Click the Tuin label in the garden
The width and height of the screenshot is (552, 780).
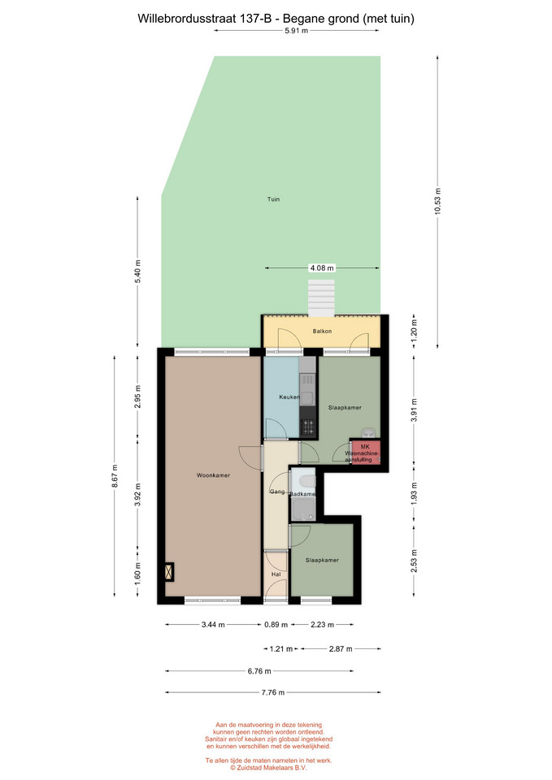coord(273,199)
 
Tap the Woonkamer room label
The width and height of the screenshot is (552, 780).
coord(213,475)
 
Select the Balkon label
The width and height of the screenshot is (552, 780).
coord(322,331)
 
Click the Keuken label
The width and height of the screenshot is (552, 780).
coord(289,397)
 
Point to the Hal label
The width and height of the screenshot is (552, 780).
coord(276,574)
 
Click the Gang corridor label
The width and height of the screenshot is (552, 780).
coord(277,492)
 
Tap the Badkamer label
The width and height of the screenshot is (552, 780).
coord(302,494)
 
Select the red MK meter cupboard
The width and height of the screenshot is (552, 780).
coord(365,453)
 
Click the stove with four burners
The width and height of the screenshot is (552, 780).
coord(307,427)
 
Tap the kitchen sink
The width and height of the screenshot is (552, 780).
coord(307,398)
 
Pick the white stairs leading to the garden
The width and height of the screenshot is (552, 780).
coord(321,297)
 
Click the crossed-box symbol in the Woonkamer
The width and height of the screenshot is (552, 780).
coord(169,571)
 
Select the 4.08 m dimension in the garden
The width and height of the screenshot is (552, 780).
coord(322,268)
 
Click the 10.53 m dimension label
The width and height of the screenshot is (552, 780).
coord(437,201)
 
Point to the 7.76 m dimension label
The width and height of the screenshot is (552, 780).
coord(273,692)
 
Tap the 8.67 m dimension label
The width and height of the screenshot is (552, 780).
coord(115,476)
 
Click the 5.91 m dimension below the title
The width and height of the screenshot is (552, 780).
coord(296,31)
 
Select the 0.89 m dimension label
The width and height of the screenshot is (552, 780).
coord(276,624)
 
